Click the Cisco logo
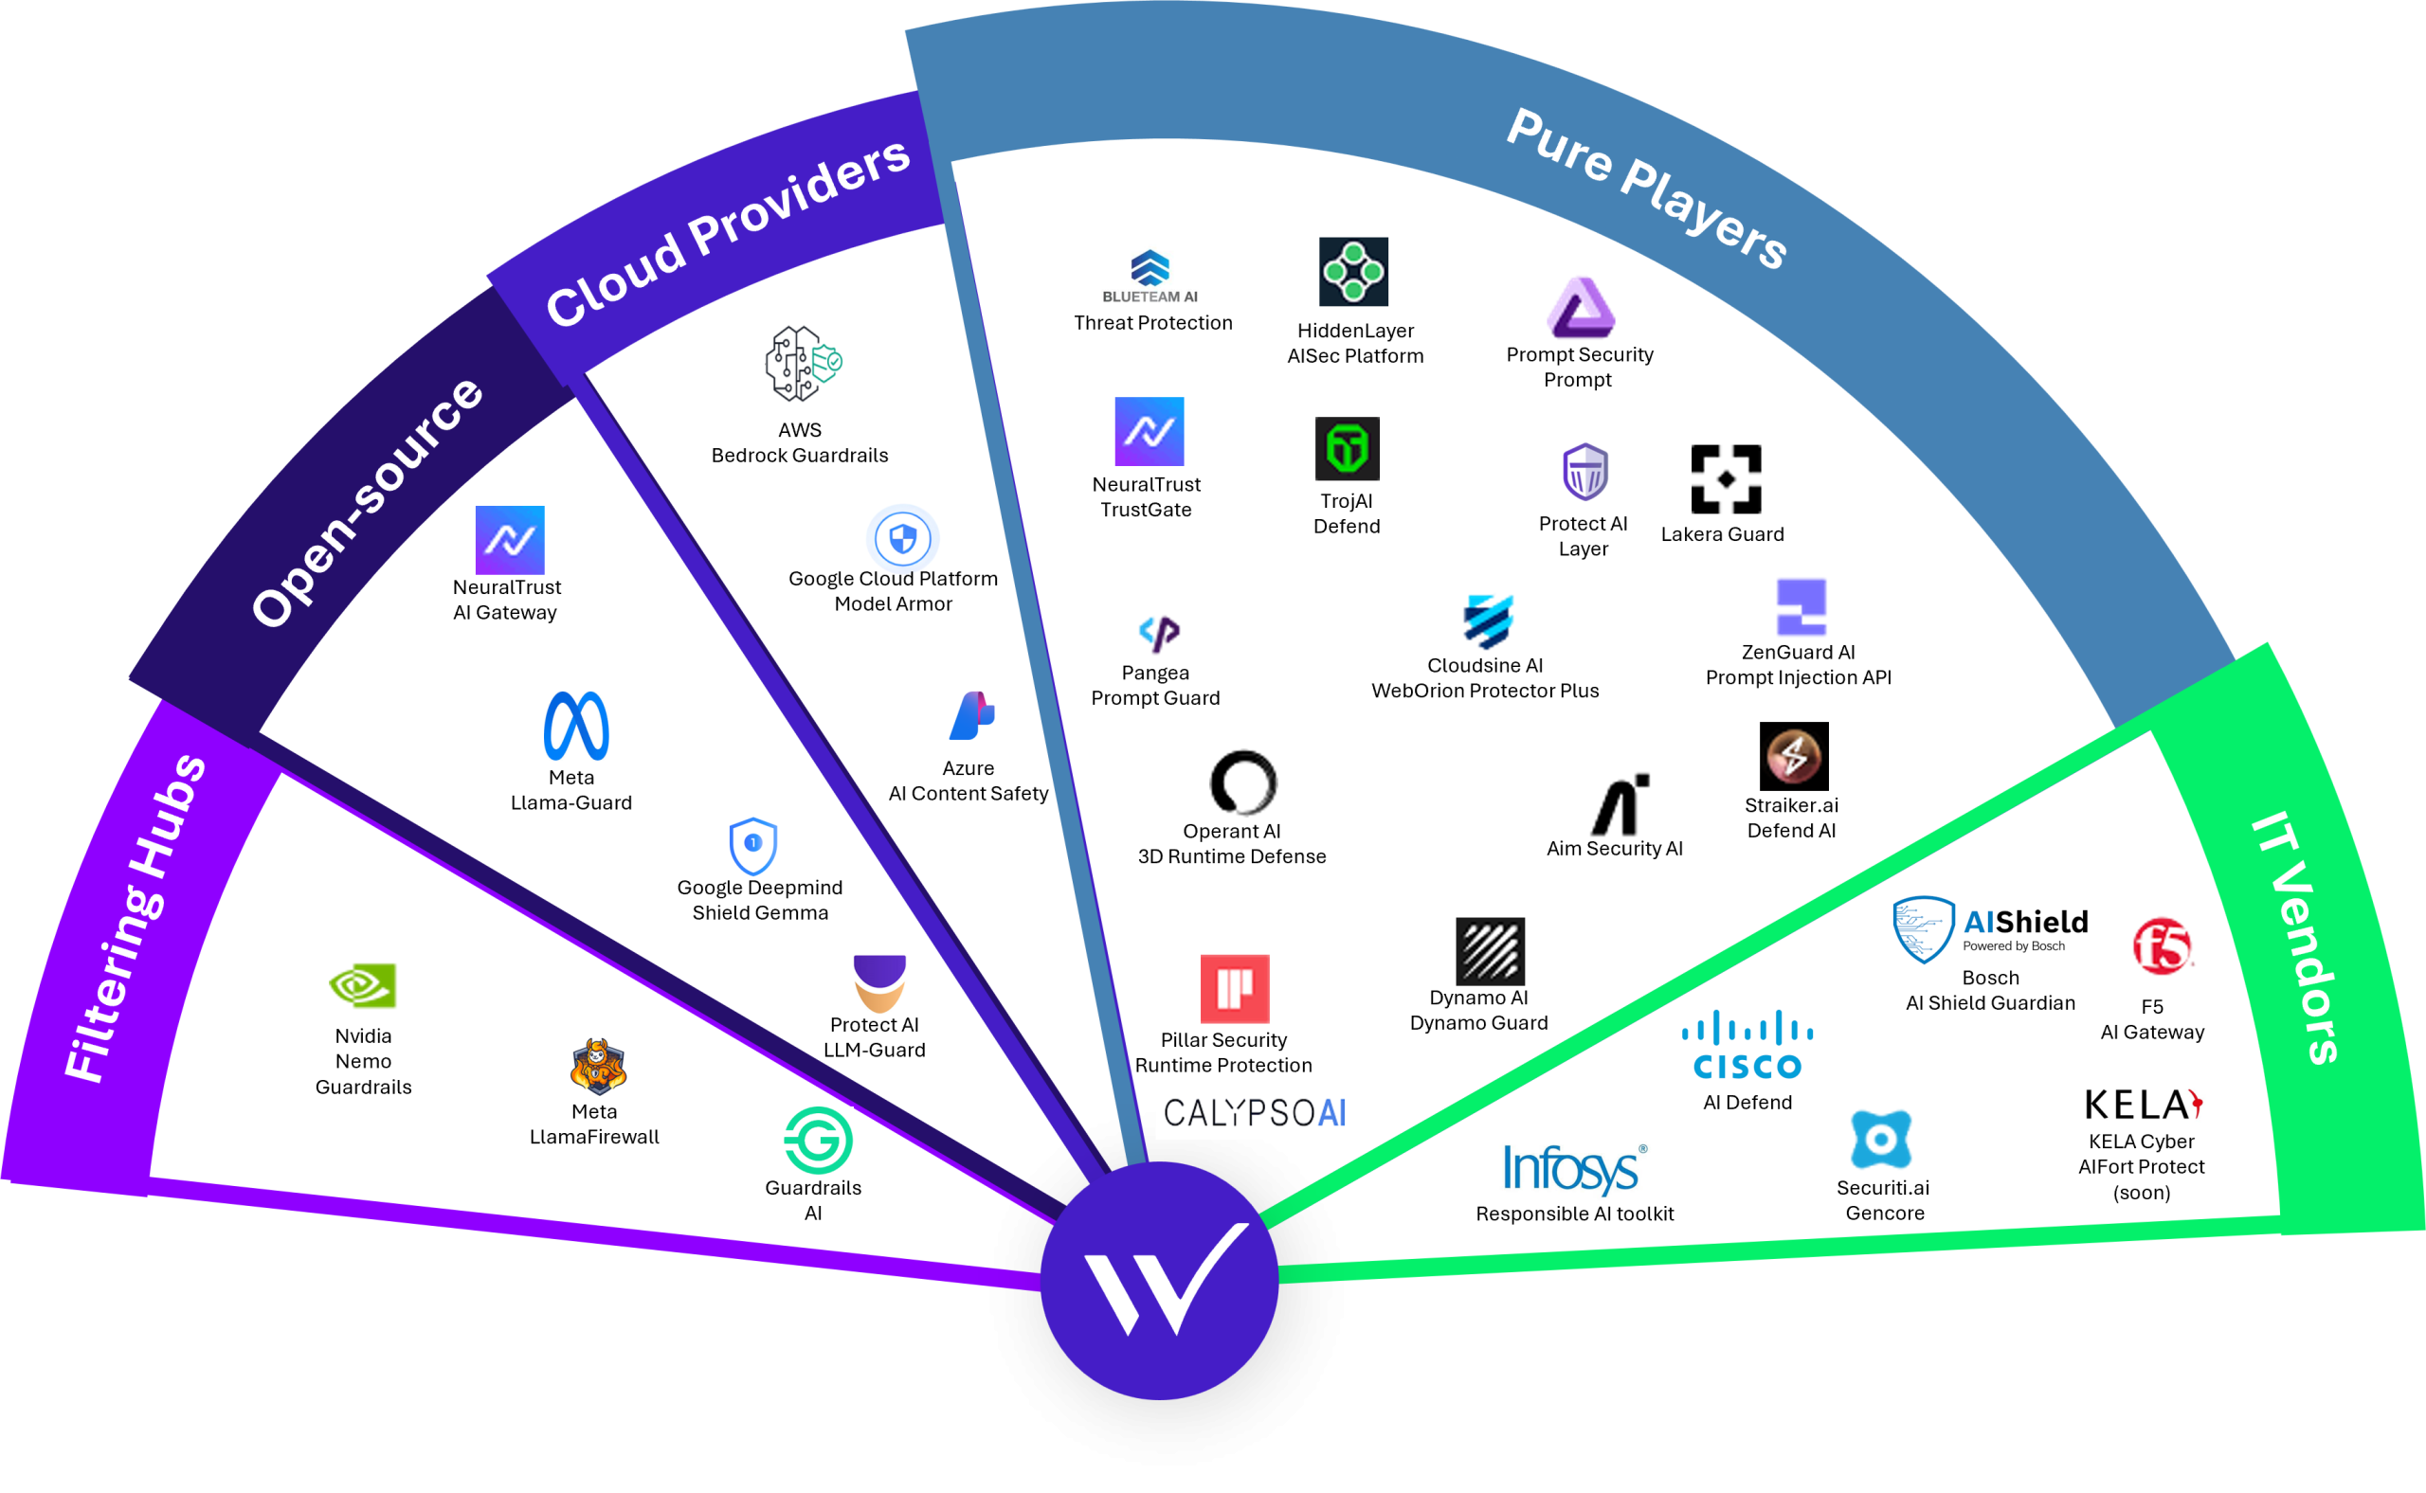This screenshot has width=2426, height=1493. (1747, 1044)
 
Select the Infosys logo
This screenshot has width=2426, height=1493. (1574, 1170)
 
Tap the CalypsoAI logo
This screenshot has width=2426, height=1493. (1255, 1110)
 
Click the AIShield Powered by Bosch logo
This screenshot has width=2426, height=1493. (1990, 930)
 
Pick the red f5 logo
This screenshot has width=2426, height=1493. (2163, 946)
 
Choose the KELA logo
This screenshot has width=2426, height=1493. (2143, 1103)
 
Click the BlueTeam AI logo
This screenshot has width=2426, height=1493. (1150, 279)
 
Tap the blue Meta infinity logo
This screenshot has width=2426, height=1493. (576, 726)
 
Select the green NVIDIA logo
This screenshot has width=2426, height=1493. (364, 985)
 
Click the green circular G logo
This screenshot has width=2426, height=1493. (818, 1141)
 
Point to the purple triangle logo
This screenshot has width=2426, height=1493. (1581, 308)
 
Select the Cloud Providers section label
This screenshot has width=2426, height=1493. (728, 232)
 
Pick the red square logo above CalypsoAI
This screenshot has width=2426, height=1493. (1235, 988)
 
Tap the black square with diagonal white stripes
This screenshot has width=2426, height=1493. (1490, 951)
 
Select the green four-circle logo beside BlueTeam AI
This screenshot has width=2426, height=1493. (1353, 272)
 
